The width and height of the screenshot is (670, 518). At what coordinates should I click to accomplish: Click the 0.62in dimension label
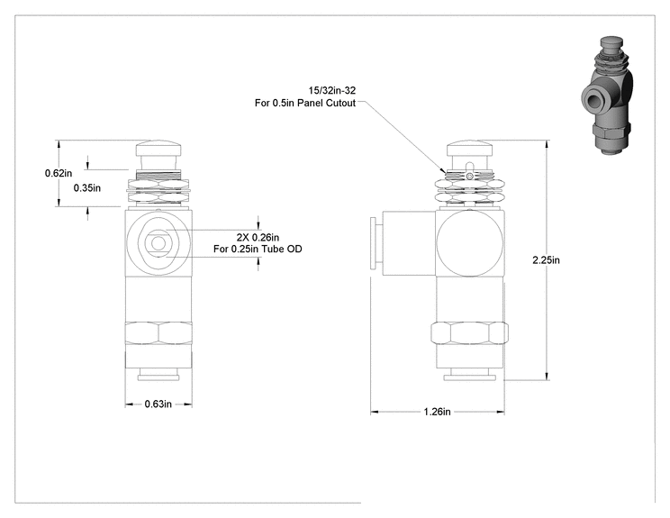(x=59, y=173)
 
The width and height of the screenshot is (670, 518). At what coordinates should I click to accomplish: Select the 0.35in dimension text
(x=87, y=187)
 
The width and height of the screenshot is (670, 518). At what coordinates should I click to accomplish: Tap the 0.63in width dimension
(x=158, y=404)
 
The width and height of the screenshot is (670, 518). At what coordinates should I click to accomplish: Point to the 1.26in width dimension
(x=437, y=412)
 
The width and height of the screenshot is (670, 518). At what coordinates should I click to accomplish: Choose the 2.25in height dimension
(x=546, y=259)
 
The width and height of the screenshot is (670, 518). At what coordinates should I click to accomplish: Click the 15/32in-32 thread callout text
(x=332, y=91)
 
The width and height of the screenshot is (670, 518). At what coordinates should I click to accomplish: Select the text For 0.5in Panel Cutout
(x=305, y=103)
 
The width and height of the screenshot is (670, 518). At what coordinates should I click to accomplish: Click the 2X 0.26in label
(x=258, y=237)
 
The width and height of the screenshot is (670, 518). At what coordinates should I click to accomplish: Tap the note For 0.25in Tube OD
(x=258, y=249)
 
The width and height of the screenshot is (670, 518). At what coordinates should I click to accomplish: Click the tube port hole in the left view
(x=158, y=243)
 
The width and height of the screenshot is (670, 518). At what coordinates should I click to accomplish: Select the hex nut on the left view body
(x=158, y=333)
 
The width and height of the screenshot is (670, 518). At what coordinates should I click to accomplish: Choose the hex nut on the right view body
(x=469, y=333)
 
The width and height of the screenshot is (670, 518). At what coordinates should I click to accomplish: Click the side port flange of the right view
(x=373, y=243)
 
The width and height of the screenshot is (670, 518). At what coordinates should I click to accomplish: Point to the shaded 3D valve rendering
(x=606, y=95)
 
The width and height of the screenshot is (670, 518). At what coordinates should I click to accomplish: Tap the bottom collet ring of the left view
(x=158, y=377)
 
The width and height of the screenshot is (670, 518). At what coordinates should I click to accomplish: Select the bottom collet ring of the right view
(x=469, y=377)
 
